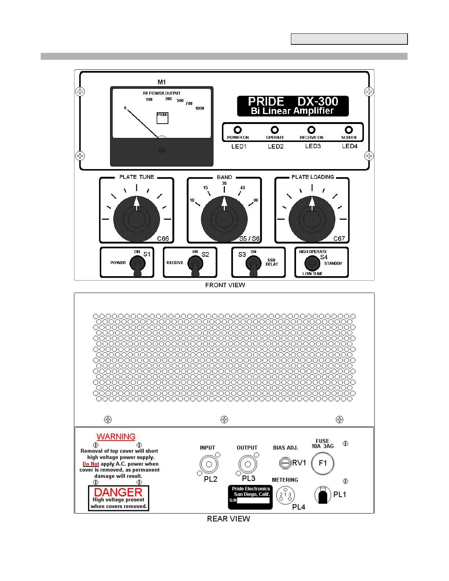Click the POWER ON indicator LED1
tap(238, 130)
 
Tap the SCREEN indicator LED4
tap(349, 130)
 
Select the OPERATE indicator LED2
tap(274, 130)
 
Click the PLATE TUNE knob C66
tap(136, 219)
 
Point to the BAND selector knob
tap(224, 219)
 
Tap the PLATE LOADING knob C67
tap(312, 219)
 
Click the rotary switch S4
tap(312, 263)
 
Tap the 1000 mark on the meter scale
tap(200, 108)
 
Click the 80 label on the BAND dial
tap(256, 200)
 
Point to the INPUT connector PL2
tap(209, 464)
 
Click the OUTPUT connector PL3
tap(248, 464)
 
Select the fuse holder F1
tap(322, 463)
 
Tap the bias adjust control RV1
tap(285, 463)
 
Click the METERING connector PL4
tap(285, 495)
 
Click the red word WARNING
tap(116, 436)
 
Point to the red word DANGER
tap(118, 492)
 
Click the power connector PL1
tap(322, 495)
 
